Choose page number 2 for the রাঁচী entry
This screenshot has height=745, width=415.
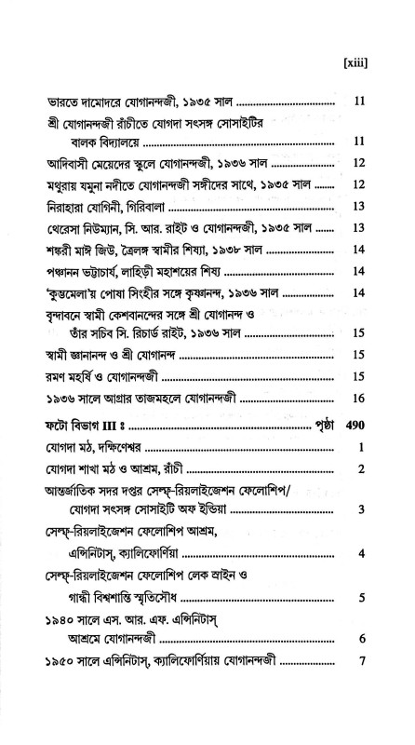coord(360,468)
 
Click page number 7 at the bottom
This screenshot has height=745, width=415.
coord(360,663)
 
